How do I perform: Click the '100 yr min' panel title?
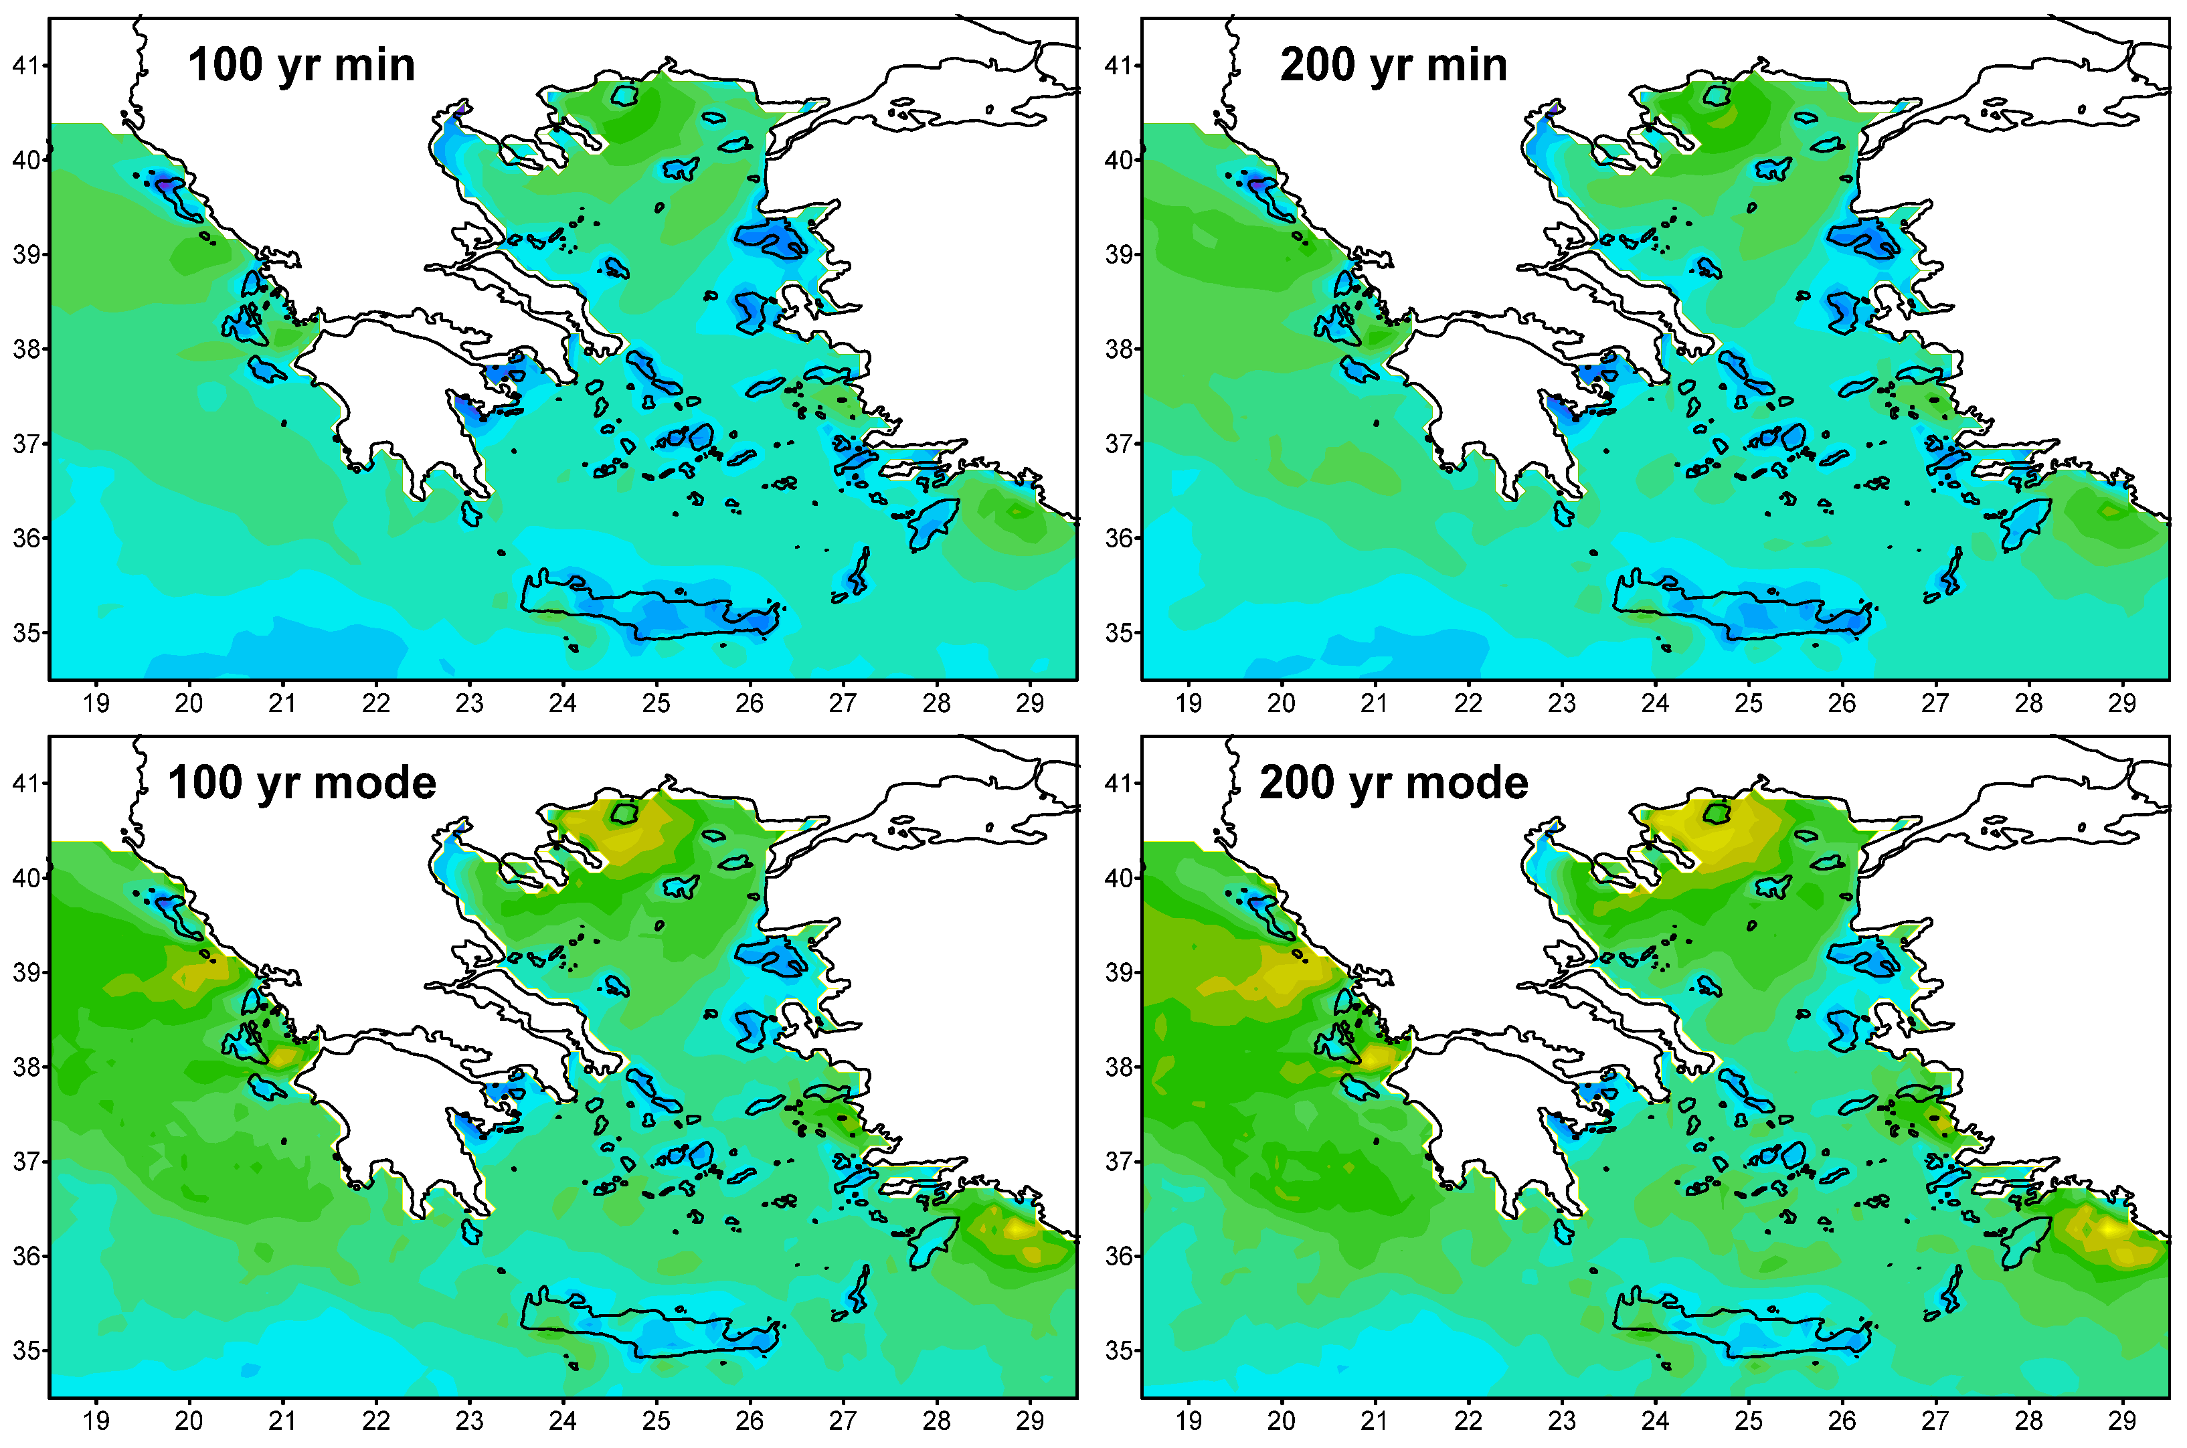(x=301, y=66)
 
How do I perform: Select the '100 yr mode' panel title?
(x=301, y=783)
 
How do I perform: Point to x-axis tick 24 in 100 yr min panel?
(x=562, y=704)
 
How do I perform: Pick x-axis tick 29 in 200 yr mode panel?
(x=2121, y=1421)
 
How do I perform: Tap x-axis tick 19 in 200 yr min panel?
(x=1189, y=704)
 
